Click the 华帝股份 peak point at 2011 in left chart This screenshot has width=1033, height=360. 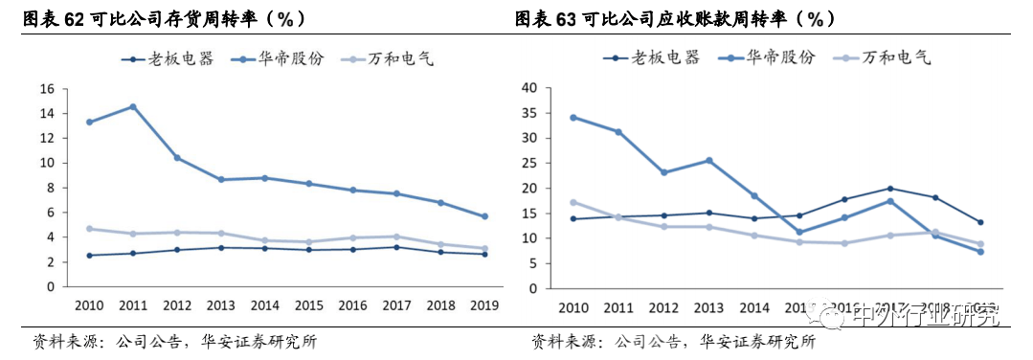tap(132, 106)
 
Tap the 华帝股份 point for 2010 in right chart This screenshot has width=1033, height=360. tap(573, 118)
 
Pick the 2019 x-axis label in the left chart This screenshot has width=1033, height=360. tap(484, 304)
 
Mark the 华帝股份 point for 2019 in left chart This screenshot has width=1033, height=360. tap(484, 216)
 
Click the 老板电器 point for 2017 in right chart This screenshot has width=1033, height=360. tap(890, 189)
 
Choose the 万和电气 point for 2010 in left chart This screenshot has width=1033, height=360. tap(89, 229)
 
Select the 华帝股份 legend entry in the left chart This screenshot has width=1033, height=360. tap(290, 58)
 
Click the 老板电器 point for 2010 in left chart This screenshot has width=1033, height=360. tap(89, 256)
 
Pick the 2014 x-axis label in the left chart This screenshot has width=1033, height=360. tap(264, 304)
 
